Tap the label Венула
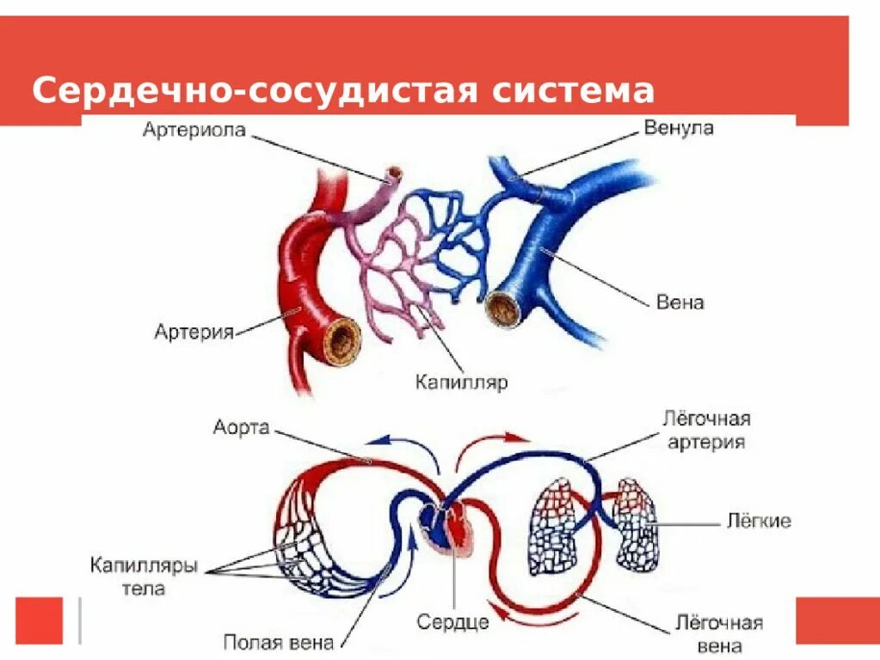click(679, 129)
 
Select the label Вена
click(680, 302)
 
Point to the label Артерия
click(194, 332)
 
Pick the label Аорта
click(242, 427)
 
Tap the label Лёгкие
click(759, 522)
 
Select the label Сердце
click(452, 620)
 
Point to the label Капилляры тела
click(144, 577)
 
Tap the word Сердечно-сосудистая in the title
click(255, 91)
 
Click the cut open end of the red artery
click(342, 336)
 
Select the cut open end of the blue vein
click(502, 308)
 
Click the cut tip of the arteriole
click(394, 174)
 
